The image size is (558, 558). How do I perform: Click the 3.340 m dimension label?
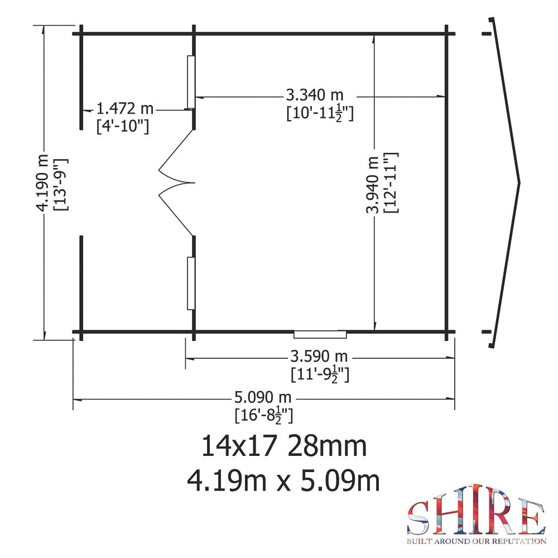click(x=315, y=95)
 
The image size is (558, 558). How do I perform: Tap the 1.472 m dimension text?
click(x=125, y=108)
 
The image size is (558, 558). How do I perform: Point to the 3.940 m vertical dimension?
click(x=373, y=184)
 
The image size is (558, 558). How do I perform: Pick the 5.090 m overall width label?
click(x=263, y=397)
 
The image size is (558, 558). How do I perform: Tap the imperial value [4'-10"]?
click(x=123, y=126)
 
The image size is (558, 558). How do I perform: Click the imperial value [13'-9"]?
click(x=60, y=184)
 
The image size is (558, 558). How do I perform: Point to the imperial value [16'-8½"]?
click(x=264, y=416)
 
